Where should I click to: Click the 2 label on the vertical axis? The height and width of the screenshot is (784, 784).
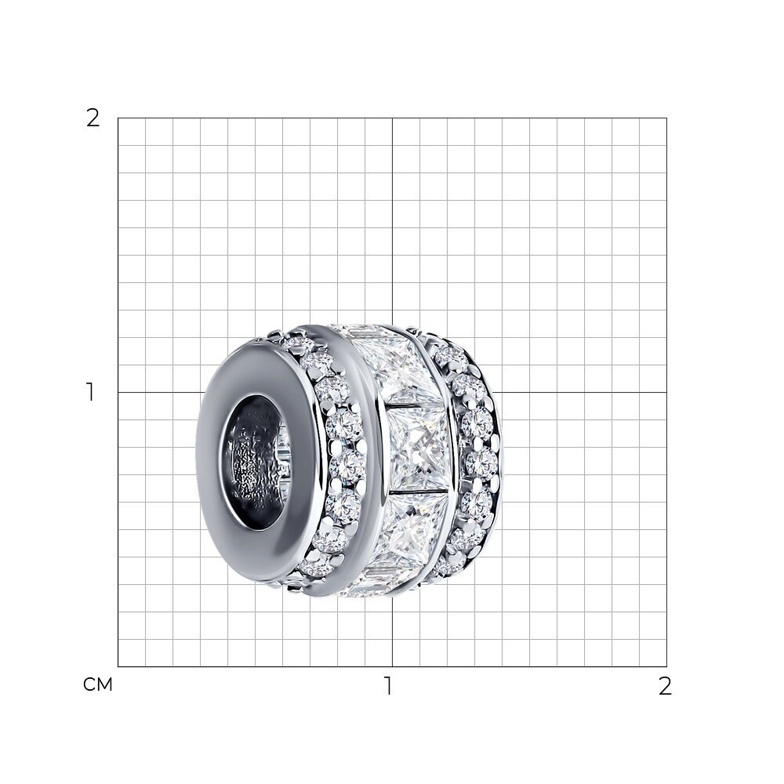pyautogui.click(x=93, y=118)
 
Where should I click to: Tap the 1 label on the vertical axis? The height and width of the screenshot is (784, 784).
pyautogui.click(x=90, y=392)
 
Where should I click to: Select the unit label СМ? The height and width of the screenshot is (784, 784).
pyautogui.click(x=98, y=685)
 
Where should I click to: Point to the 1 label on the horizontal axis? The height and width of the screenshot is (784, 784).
pyautogui.click(x=388, y=686)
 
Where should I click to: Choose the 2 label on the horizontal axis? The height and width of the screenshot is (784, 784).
pyautogui.click(x=665, y=686)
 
